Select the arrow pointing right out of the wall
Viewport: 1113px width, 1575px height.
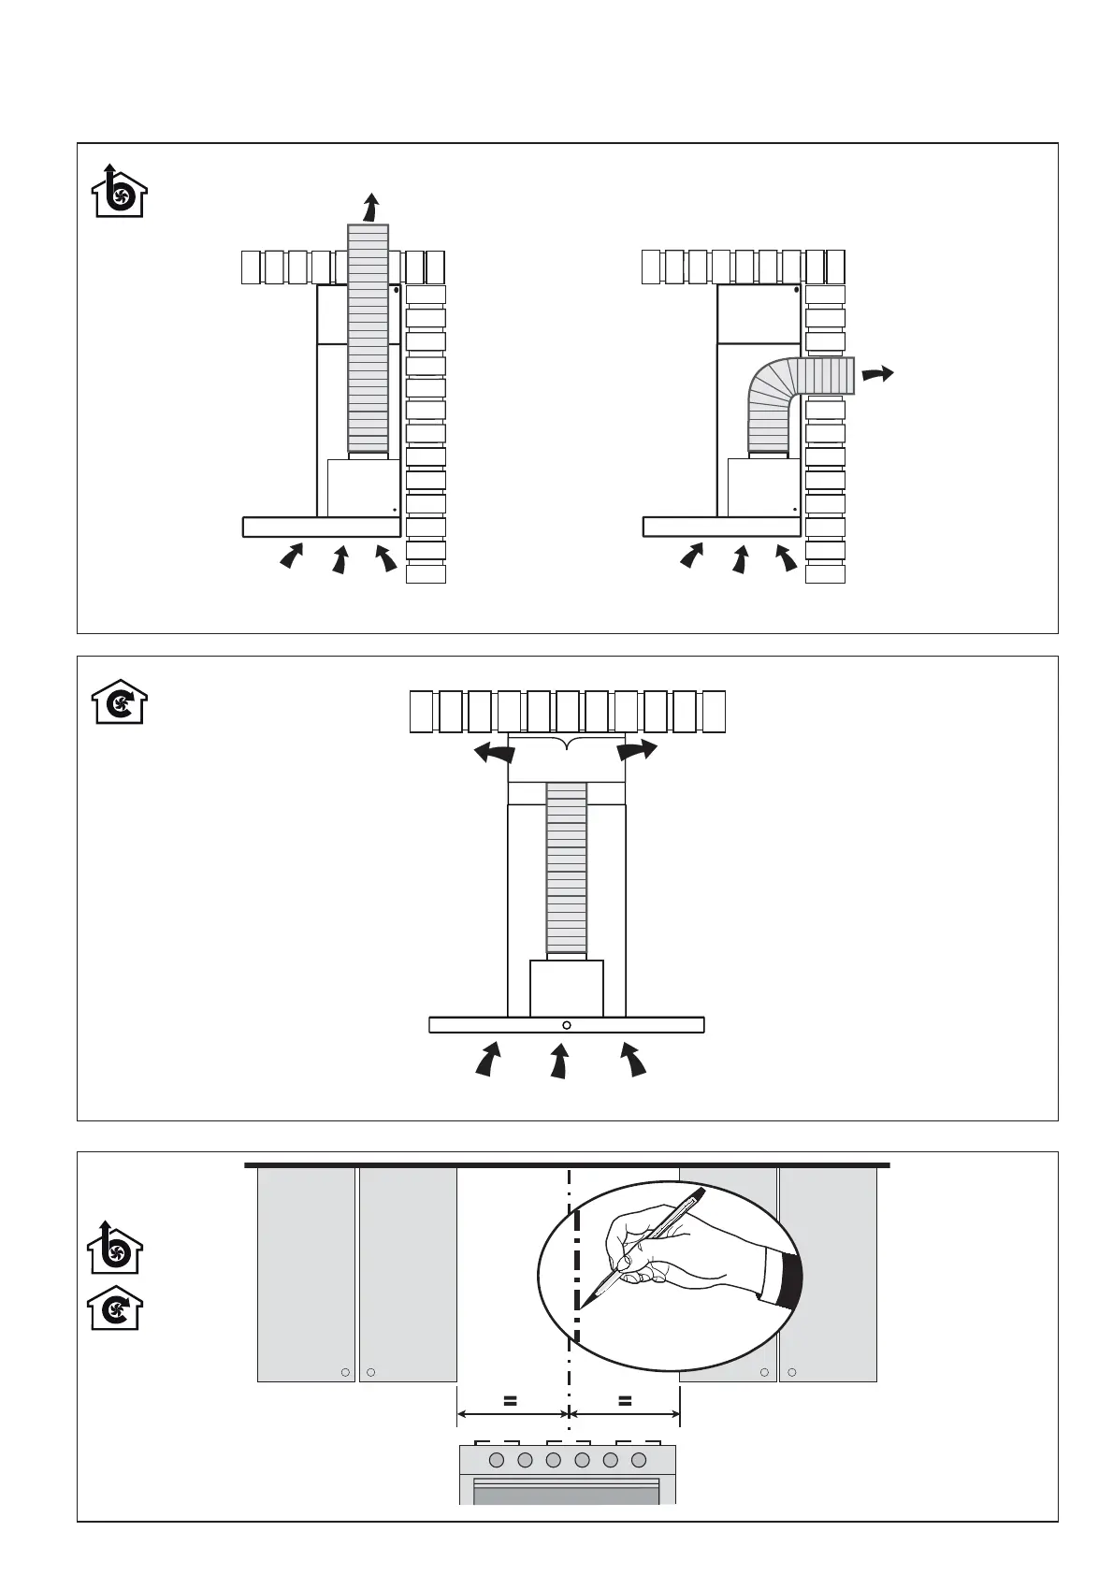(876, 374)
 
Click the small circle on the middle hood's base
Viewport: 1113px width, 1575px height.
(567, 1025)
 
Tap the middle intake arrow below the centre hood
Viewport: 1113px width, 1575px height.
(559, 1062)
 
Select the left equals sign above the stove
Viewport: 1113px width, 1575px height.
(510, 1401)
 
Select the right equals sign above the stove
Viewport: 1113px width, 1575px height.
(625, 1401)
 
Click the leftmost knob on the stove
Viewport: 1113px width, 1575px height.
(497, 1460)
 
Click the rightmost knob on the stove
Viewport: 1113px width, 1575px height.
(640, 1460)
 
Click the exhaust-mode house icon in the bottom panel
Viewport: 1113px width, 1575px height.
(115, 1249)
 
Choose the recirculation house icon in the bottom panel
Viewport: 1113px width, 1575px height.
(115, 1308)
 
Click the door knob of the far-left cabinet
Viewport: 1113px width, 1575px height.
(345, 1372)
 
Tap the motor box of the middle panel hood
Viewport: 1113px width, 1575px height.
(567, 989)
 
